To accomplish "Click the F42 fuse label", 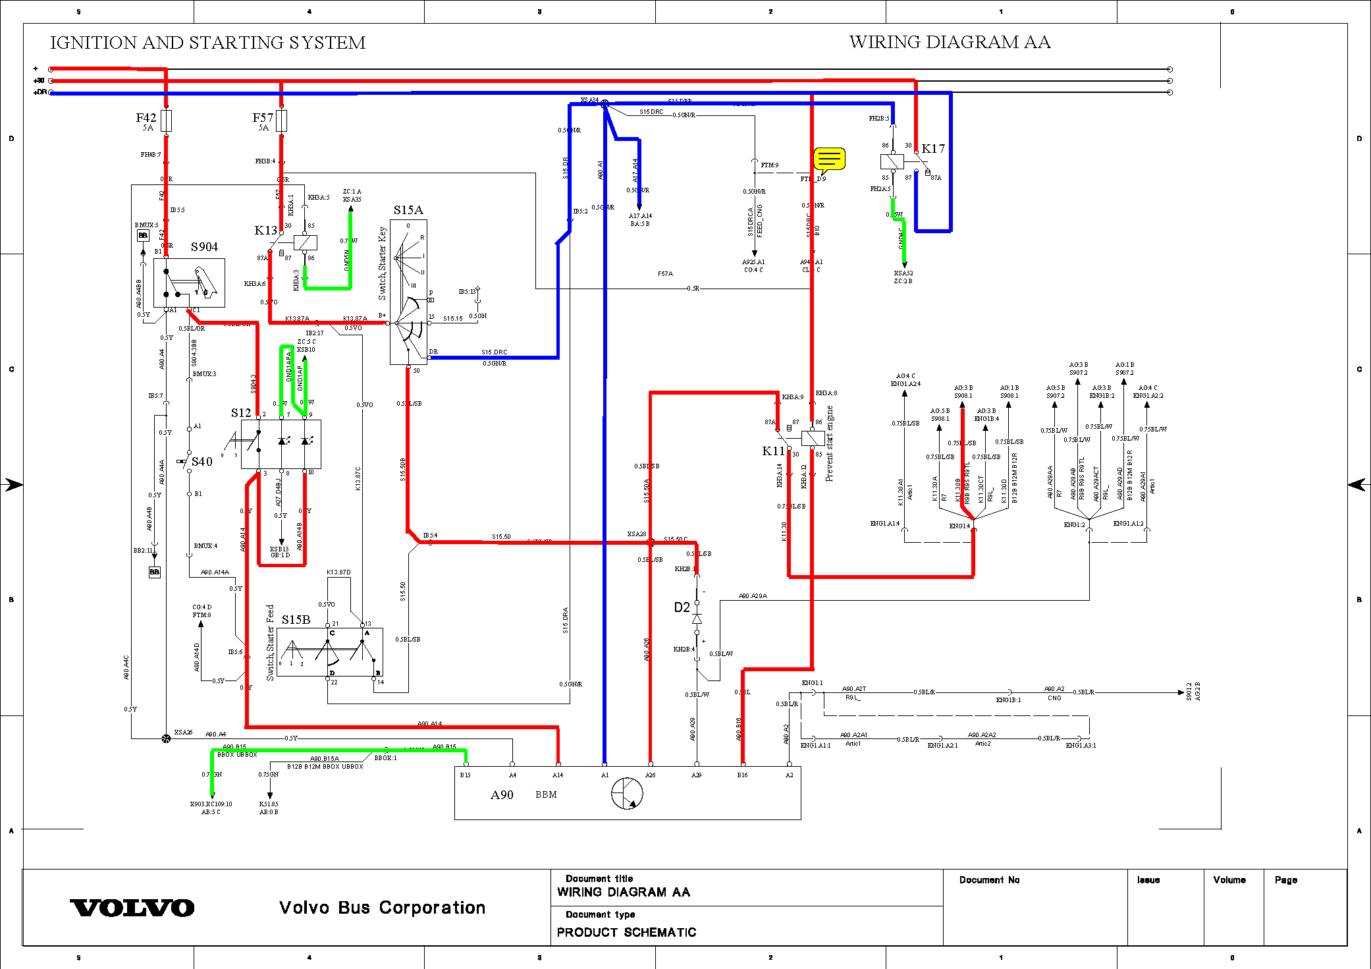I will pyautogui.click(x=146, y=118).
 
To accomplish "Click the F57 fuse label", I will pyautogui.click(x=262, y=118).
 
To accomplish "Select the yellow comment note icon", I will pyautogui.click(x=829, y=159).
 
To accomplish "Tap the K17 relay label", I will pyautogui.click(x=932, y=149).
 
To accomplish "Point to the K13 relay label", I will pyautogui.click(x=265, y=231).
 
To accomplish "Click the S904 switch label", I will pyautogui.click(x=204, y=247).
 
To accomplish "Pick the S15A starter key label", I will pyautogui.click(x=408, y=210).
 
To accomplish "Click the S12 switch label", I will pyautogui.click(x=240, y=413).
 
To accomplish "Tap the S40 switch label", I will pyautogui.click(x=202, y=462).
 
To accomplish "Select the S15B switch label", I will pyautogui.click(x=296, y=620).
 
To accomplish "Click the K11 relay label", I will pyautogui.click(x=773, y=451).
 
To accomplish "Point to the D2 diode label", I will pyautogui.click(x=682, y=607).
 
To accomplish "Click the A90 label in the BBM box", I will pyautogui.click(x=502, y=795).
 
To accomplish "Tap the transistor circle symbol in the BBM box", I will pyautogui.click(x=626, y=793).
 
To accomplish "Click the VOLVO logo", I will pyautogui.click(x=132, y=908).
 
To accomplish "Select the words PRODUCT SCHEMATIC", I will pyautogui.click(x=626, y=932).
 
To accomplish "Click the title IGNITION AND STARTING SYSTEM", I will pyautogui.click(x=207, y=43).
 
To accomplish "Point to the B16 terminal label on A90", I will pyautogui.click(x=742, y=775).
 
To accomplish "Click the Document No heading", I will pyautogui.click(x=989, y=880).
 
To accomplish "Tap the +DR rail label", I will pyautogui.click(x=40, y=92).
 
